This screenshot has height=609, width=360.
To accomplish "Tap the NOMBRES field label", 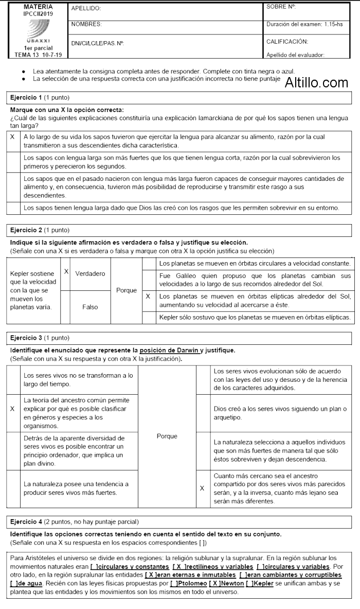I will [86, 24].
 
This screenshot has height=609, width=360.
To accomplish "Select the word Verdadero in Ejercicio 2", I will [90, 273].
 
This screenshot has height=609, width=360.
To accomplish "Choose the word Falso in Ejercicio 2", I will [90, 307].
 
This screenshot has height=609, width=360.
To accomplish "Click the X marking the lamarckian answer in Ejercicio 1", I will [12, 137].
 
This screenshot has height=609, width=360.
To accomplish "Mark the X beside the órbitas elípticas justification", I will [148, 297].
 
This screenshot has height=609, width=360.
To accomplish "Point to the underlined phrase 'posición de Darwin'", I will [169, 350].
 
